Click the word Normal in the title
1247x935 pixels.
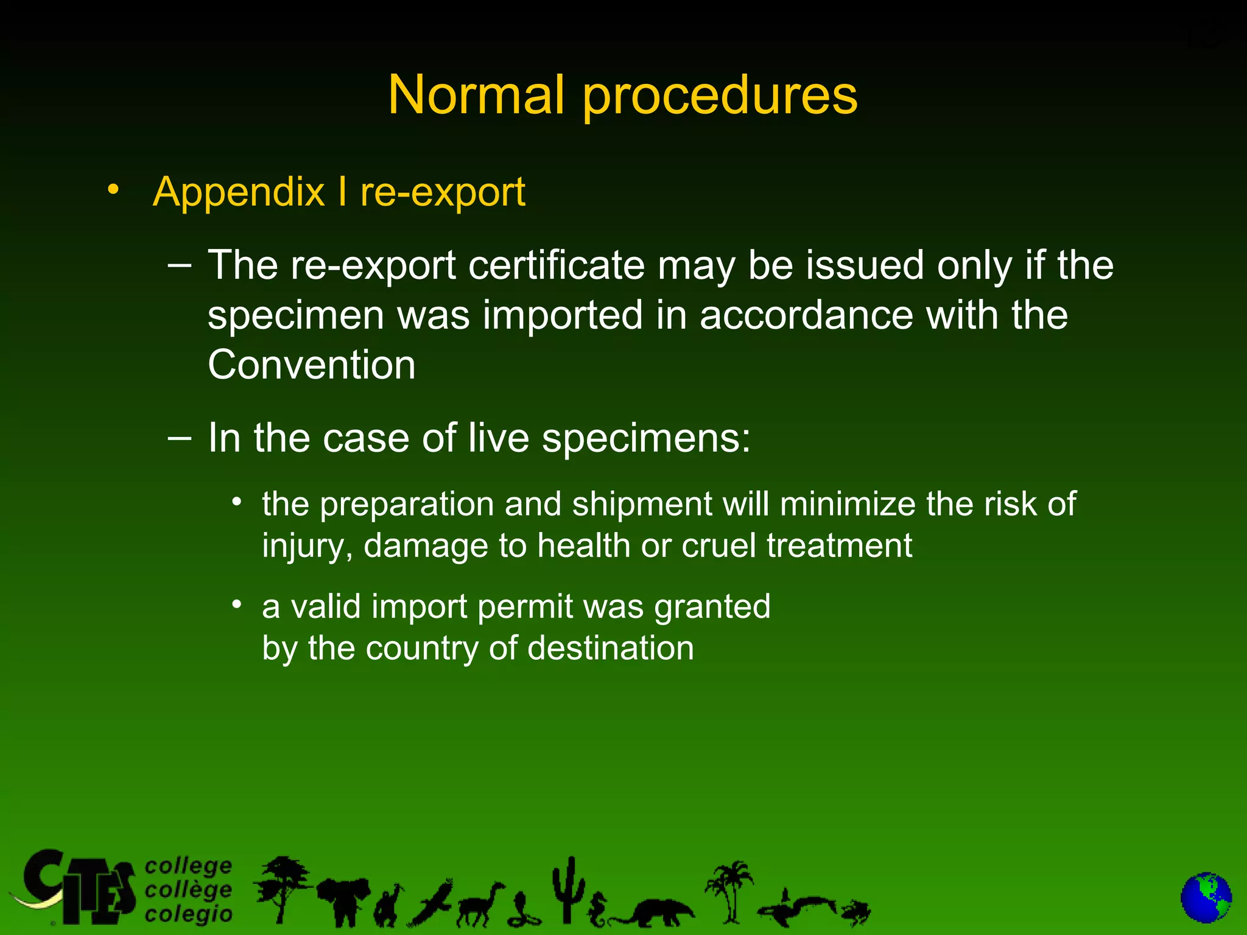tap(476, 95)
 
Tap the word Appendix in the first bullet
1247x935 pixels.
tap(239, 192)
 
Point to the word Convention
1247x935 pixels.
tap(312, 365)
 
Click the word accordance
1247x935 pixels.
tap(806, 315)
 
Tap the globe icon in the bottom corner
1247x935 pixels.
tap(1206, 898)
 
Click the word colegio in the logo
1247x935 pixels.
tap(189, 914)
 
